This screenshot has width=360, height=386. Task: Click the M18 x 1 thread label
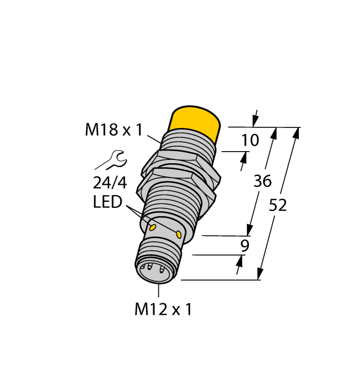pos(114,130)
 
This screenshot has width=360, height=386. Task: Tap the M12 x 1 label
pos(163,309)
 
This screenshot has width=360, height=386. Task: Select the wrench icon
pos(110,160)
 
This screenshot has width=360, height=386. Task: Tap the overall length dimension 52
pos(278,205)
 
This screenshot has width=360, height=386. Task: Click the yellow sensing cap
pos(195,121)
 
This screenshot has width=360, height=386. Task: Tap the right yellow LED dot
pos(179,235)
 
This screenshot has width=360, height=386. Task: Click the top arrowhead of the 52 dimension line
pos(297,132)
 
